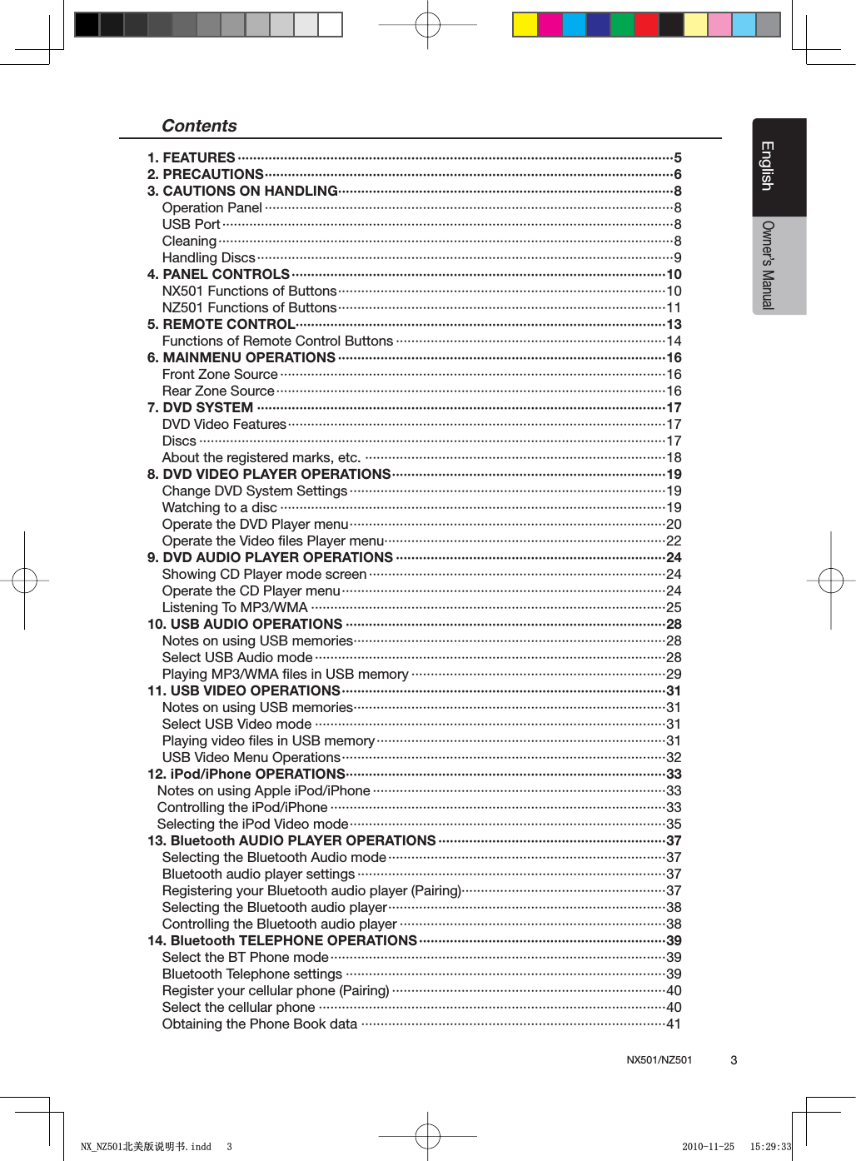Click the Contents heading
pos(199,126)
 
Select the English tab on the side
pos(768,166)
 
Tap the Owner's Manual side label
pos(768,265)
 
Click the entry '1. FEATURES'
pos(192,157)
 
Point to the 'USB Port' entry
pos(191,224)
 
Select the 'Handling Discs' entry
pos(208,257)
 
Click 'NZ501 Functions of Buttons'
pos(249,307)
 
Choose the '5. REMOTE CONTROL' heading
pos(221,324)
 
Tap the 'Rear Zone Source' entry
pos(218,391)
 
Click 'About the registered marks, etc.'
pos(261,457)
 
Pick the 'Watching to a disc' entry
pos(219,507)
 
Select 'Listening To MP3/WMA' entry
pos(235,607)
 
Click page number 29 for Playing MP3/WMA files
pos(674,674)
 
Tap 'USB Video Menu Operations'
pos(251,757)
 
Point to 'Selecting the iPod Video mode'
pos(252,824)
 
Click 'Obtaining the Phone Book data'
pos(259,1024)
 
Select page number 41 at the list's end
pos(674,1024)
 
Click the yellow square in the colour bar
pos(525,25)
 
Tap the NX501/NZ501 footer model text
pos(659,1060)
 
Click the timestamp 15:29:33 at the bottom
pos(770,1147)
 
